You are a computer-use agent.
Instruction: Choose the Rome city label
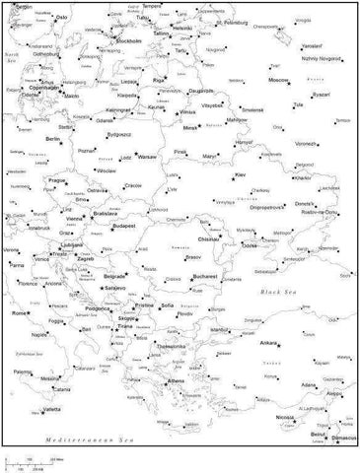pyautogui.click(x=19, y=312)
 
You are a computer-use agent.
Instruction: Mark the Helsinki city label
pyautogui.click(x=182, y=28)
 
